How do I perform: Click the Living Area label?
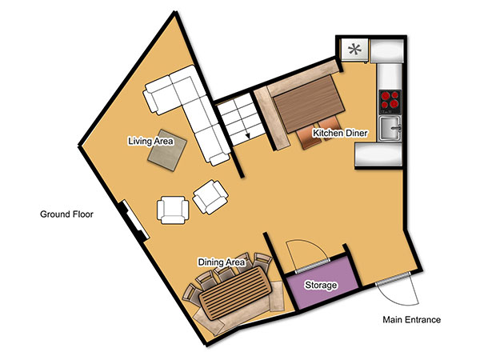tap(150, 141)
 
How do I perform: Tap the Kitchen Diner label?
tap(340, 133)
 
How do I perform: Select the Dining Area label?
tap(222, 262)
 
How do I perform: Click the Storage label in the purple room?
tap(321, 285)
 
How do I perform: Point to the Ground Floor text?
tap(66, 214)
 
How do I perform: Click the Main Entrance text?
tap(412, 320)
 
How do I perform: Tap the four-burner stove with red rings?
tap(390, 101)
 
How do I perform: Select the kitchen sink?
tap(390, 128)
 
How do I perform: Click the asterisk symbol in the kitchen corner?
tap(354, 50)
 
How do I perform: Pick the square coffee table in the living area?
tap(167, 150)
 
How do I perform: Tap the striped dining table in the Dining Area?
tap(235, 294)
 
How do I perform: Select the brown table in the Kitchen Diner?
tap(309, 104)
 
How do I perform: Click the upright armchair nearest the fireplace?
tap(173, 210)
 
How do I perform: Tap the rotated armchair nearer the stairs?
tap(210, 197)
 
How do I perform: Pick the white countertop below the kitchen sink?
tap(378, 156)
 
